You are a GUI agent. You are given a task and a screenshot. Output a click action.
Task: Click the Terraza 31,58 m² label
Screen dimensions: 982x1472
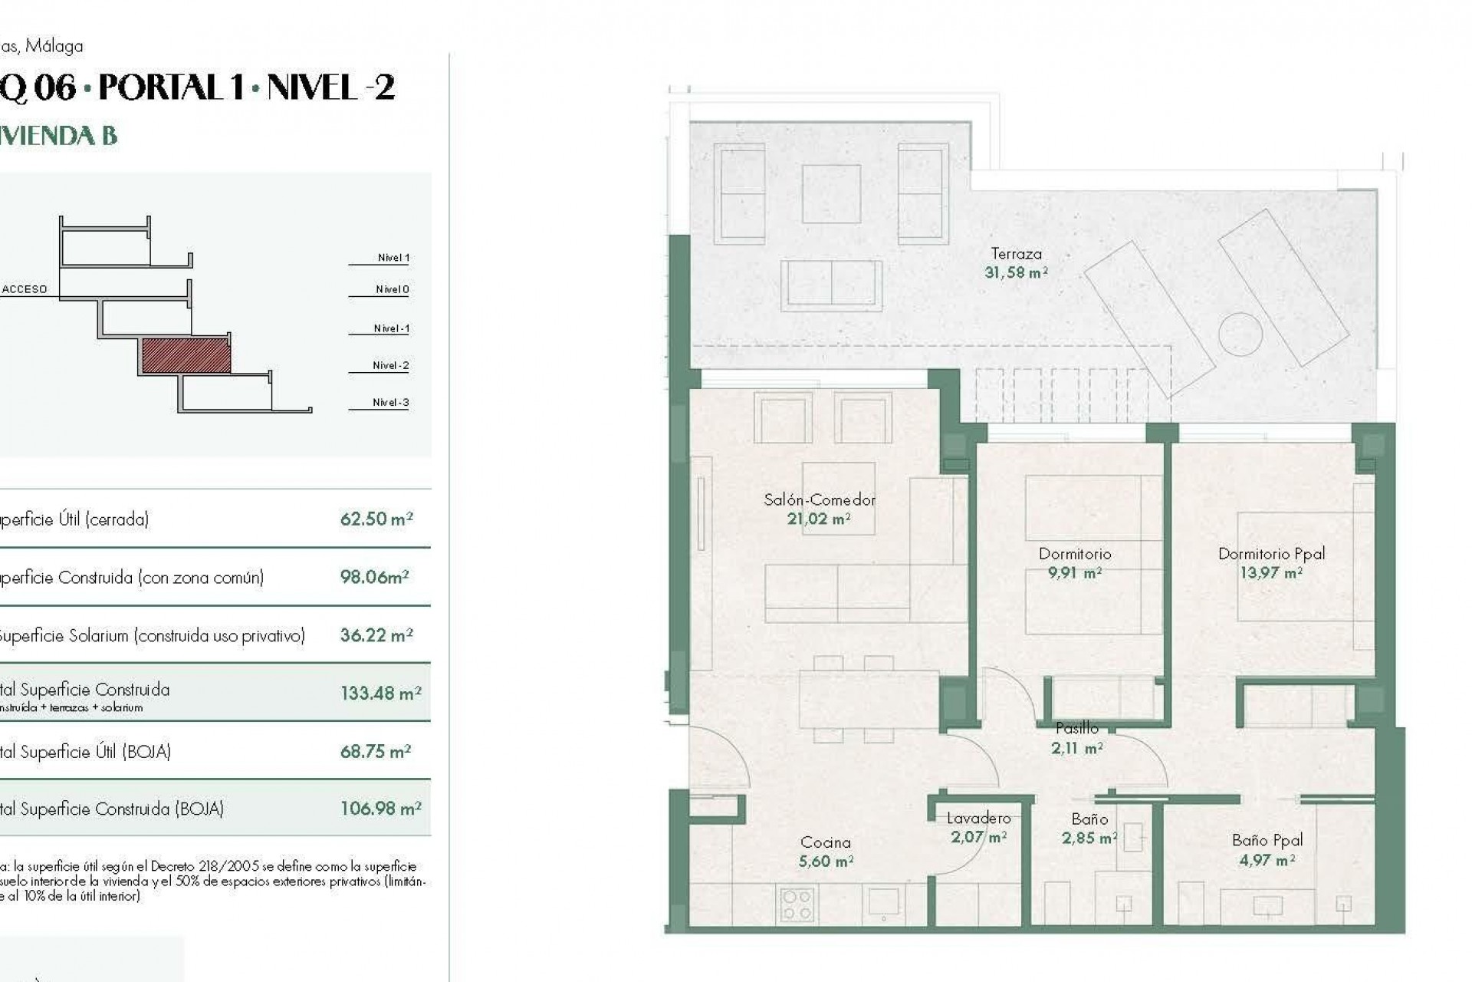[1016, 262]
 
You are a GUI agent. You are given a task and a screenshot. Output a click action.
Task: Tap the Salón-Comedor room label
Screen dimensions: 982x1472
[819, 509]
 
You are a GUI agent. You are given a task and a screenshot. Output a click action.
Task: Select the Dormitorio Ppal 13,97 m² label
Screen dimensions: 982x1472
[1271, 562]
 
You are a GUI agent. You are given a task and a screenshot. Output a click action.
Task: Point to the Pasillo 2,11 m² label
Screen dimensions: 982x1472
[1076, 737]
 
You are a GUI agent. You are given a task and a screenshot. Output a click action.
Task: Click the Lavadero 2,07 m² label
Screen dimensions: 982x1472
[978, 828]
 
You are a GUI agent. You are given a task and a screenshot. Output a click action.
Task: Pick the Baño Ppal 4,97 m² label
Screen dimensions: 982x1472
[1267, 849]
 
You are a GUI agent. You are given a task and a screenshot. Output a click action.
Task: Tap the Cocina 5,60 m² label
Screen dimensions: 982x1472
[825, 852]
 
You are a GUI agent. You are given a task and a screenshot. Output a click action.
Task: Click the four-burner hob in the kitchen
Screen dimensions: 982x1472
[797, 904]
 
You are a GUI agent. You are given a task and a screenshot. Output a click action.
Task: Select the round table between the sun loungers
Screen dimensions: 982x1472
[1240, 334]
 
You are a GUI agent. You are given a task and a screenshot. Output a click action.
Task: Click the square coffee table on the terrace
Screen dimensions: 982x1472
[831, 193]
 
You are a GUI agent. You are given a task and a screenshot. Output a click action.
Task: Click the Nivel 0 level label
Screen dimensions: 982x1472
[392, 289]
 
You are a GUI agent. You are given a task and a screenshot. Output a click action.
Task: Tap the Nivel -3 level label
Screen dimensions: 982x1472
[390, 402]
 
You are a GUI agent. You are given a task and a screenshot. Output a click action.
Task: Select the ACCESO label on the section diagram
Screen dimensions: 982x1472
[25, 289]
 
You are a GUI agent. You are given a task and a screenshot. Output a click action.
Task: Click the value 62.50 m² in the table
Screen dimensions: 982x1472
[376, 519]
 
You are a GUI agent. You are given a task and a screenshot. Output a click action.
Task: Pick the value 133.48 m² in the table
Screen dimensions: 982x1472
[380, 693]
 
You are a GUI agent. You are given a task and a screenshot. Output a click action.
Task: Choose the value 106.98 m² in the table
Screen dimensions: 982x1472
[380, 808]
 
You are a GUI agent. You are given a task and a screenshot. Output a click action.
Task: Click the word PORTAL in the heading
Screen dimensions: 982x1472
[160, 87]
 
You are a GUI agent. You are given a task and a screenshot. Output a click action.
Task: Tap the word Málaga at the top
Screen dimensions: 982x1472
[54, 46]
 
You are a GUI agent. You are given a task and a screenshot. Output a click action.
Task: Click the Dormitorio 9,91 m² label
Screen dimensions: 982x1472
[1074, 562]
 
